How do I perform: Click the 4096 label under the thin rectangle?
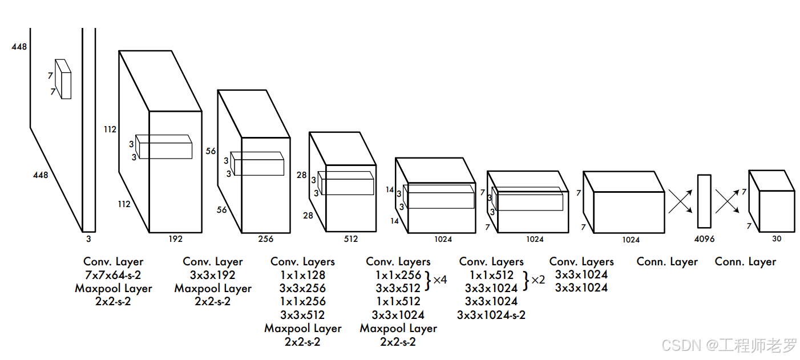tap(705, 240)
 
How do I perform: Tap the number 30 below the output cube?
tap(777, 239)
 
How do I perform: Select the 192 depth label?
tap(175, 239)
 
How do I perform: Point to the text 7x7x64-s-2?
tap(113, 275)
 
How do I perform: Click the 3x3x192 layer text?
tap(213, 275)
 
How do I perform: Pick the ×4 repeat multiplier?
tap(440, 280)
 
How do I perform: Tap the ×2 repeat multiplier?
tap(538, 280)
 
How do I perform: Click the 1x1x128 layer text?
tap(302, 275)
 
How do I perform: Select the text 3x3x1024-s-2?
tap(491, 314)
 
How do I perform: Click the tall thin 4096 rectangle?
tap(704, 201)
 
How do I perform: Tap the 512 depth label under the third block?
tap(351, 239)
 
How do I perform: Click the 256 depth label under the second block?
tap(266, 239)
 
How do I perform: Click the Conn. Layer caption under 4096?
tap(667, 262)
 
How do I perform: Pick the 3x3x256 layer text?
tap(302, 288)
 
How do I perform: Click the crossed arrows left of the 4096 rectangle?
tap(680, 201)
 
